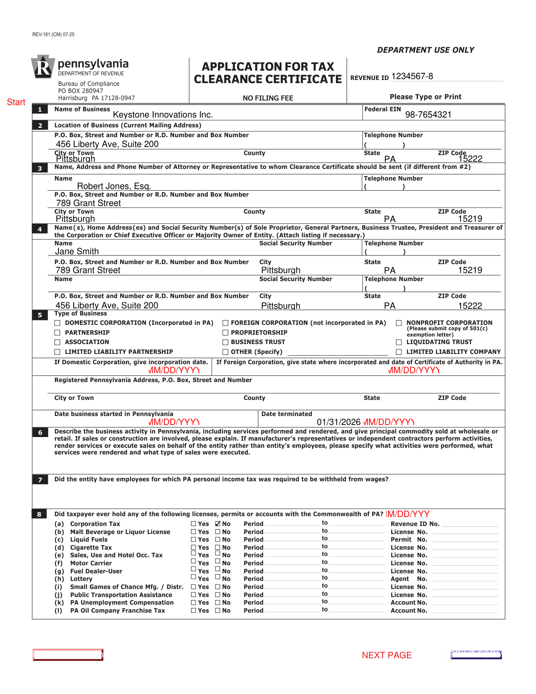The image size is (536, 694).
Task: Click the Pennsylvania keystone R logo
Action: [x=43, y=67]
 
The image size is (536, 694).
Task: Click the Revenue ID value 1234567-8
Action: [x=412, y=76]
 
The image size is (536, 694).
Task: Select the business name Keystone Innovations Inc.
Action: [x=163, y=115]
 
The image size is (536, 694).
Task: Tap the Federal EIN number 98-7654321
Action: [x=428, y=115]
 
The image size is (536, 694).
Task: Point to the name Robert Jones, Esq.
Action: [x=114, y=186]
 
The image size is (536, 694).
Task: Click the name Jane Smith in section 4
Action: [x=77, y=252]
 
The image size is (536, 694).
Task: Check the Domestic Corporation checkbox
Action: [x=57, y=323]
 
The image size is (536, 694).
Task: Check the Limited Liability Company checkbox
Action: [x=399, y=352]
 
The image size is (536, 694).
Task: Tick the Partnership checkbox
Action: [x=57, y=333]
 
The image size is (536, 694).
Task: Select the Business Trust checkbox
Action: [x=226, y=342]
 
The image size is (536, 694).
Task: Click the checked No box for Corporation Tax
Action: [x=218, y=524]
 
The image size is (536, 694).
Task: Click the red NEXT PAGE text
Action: [x=386, y=656]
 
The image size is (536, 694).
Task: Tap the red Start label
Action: [x=16, y=102]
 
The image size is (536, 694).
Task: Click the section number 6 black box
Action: [x=40, y=433]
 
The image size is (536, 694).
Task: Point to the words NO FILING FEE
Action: [x=268, y=98]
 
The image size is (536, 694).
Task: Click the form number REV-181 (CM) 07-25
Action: [x=53, y=34]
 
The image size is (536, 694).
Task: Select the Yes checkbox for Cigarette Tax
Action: [x=193, y=547]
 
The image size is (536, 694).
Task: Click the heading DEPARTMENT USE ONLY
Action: [x=425, y=50]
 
